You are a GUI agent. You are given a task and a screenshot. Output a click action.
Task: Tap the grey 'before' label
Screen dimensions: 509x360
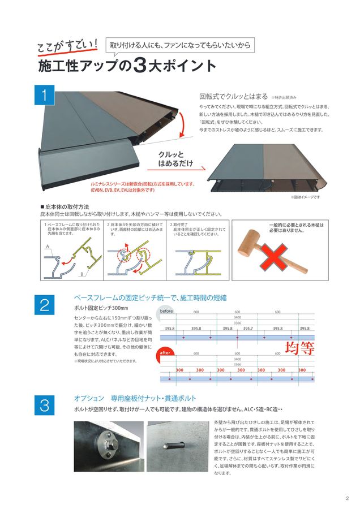166,311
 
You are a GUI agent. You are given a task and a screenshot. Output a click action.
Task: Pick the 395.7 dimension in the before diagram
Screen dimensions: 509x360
248,328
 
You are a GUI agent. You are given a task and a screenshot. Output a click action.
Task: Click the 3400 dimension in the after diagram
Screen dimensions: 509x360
237,359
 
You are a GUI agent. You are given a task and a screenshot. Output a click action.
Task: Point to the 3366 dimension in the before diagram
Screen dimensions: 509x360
237,322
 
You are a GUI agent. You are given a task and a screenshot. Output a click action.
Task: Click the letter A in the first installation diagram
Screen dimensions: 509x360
48,248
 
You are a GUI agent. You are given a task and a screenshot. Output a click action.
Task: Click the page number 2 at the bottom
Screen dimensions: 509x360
346,498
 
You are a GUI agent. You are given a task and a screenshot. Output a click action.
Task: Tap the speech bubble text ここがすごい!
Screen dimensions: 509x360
67,48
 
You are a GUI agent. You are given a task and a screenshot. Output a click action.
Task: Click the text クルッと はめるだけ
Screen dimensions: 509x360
175,159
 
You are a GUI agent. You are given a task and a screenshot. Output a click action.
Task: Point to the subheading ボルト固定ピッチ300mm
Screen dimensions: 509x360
97,308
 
